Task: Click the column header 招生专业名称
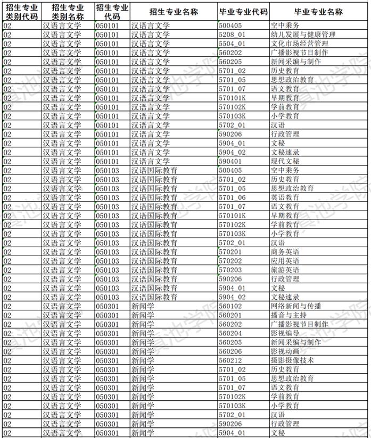tap(174, 11)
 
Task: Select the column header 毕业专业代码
tap(243, 11)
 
